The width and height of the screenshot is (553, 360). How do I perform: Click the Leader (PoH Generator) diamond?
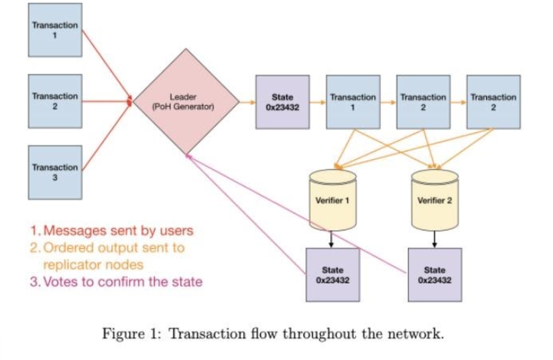click(187, 101)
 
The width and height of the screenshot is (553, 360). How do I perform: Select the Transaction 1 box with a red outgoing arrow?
click(55, 30)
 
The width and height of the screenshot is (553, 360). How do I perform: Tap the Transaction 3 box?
click(55, 172)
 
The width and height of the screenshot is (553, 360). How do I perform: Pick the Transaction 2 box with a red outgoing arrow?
click(55, 101)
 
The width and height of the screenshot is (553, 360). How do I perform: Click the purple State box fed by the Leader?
click(282, 102)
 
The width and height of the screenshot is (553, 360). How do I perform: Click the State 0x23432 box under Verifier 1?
click(332, 274)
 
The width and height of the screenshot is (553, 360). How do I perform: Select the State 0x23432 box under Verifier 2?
click(435, 274)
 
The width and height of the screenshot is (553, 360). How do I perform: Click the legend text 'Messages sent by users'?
click(118, 230)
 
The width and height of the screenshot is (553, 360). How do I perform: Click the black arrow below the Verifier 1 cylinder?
click(332, 239)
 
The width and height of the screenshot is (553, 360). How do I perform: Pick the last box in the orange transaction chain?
click(493, 102)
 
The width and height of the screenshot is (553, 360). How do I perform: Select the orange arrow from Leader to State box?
click(247, 102)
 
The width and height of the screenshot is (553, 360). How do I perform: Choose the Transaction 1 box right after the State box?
click(353, 102)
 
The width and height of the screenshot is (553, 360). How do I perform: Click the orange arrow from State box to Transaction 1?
click(318, 102)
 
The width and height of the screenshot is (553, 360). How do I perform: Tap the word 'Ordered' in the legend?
click(62, 248)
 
